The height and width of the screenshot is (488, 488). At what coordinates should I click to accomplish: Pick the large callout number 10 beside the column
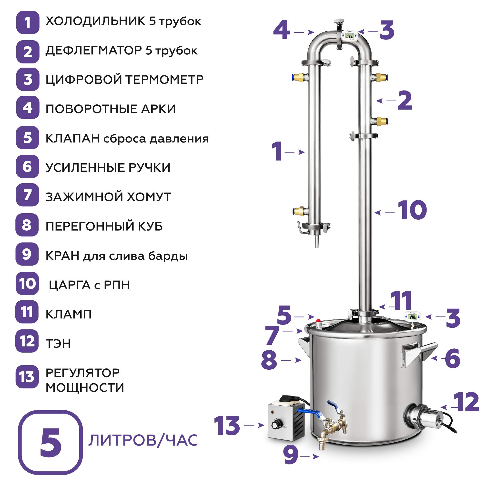(x=412, y=210)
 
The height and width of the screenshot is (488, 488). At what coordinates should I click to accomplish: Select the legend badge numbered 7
(x=27, y=195)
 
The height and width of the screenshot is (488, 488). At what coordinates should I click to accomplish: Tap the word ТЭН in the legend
(x=58, y=344)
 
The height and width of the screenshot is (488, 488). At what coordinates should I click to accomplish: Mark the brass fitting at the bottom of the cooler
(x=300, y=211)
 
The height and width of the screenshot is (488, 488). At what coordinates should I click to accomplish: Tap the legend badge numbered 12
(x=27, y=341)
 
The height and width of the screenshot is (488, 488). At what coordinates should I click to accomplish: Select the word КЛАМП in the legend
(x=69, y=314)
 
